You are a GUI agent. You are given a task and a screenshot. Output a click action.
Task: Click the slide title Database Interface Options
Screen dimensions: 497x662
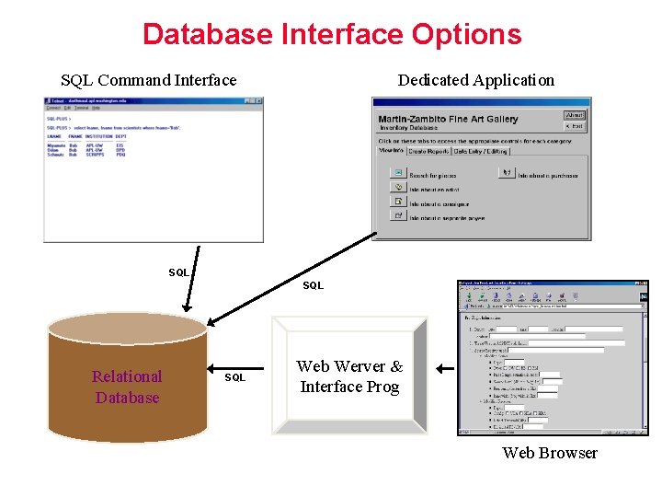332,35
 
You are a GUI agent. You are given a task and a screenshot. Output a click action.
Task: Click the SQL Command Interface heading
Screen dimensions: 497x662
148,80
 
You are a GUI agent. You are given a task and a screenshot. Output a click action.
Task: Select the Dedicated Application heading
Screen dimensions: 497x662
475,80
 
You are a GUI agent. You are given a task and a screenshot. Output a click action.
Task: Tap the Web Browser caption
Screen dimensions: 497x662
550,453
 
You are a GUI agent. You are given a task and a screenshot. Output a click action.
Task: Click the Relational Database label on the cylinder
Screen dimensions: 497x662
127,387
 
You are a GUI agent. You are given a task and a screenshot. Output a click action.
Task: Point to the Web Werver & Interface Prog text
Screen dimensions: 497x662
349,376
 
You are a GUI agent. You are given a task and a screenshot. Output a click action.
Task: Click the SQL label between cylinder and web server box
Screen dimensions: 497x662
235,377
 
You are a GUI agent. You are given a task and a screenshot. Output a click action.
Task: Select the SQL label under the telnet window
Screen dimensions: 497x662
178,272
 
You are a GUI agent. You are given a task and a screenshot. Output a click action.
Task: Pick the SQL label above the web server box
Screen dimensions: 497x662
313,285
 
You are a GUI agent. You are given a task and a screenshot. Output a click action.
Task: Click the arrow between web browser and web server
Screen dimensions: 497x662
445,369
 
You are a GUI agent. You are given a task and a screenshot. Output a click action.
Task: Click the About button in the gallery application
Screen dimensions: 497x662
575,116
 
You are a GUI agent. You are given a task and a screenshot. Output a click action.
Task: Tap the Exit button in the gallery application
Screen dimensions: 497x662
575,126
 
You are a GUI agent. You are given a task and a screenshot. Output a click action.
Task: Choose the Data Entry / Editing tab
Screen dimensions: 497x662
481,151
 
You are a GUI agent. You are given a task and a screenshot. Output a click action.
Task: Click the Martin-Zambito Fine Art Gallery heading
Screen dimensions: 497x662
448,119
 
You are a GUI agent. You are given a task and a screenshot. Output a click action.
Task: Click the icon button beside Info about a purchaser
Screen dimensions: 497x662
505,173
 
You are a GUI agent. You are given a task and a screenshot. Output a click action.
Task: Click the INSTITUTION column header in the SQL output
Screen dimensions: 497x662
98,136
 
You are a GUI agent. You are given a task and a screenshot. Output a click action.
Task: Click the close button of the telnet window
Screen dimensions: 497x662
259,101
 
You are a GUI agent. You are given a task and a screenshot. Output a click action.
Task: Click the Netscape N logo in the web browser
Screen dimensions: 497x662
644,296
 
